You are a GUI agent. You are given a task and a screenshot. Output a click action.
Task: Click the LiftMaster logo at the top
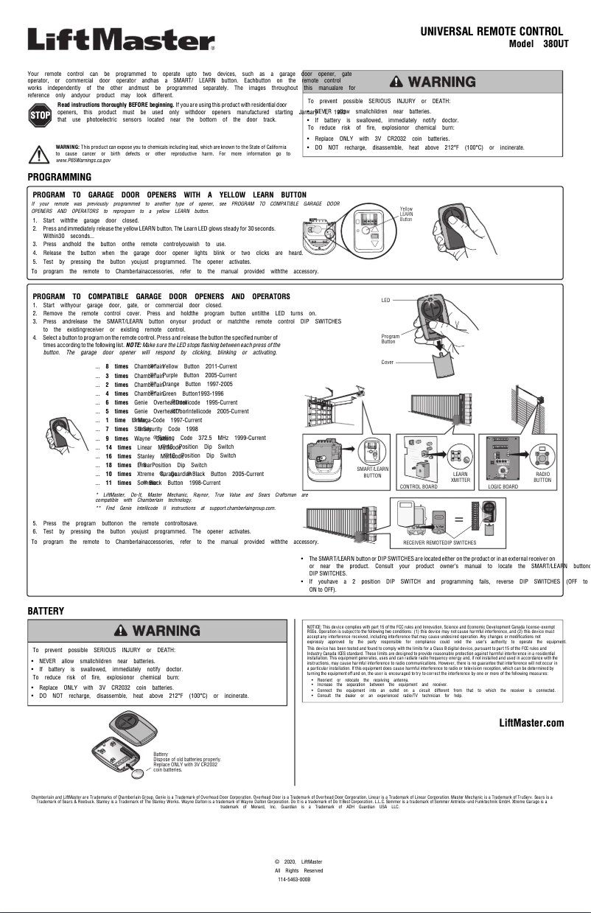[x=121, y=39]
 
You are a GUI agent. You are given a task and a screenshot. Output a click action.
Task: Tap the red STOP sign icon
[x=38, y=115]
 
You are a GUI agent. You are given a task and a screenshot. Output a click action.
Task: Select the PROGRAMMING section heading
[x=59, y=178]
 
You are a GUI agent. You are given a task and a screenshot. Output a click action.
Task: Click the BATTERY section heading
[x=46, y=611]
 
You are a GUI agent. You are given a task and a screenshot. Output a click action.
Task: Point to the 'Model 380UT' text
[x=536, y=43]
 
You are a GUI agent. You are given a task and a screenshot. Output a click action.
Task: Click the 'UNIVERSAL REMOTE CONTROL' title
[x=492, y=32]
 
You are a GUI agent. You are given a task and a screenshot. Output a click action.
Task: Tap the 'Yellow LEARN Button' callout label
[x=408, y=214]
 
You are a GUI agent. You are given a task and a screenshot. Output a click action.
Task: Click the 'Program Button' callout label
[x=391, y=339]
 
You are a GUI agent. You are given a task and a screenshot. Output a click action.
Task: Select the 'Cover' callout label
[x=387, y=363]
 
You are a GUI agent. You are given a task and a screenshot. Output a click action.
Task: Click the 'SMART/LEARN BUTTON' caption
[x=372, y=472]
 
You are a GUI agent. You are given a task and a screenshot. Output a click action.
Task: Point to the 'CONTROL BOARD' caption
[x=419, y=487]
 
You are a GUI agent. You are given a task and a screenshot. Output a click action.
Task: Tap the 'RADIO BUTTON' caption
[x=542, y=476]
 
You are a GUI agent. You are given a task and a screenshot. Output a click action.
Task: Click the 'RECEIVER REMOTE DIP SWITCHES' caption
[x=439, y=542]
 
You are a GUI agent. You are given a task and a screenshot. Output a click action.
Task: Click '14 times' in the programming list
[x=118, y=447]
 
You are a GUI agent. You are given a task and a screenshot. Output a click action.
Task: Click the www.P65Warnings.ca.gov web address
[x=83, y=160]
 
